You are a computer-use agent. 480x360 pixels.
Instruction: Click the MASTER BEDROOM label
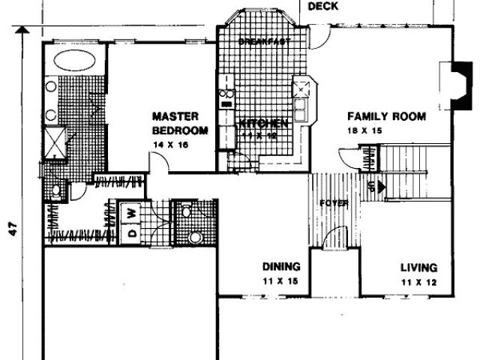click(175, 123)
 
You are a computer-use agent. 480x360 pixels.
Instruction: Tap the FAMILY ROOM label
click(386, 116)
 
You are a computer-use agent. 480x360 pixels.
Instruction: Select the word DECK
click(322, 6)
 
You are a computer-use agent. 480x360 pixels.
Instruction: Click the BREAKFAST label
click(263, 42)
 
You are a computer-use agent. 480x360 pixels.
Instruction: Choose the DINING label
click(281, 266)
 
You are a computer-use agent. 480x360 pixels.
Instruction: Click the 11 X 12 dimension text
click(418, 283)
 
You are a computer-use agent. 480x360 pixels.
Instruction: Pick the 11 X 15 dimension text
click(281, 282)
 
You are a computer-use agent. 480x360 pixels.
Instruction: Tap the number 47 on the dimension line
click(12, 229)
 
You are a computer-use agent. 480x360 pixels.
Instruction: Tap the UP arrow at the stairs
click(378, 185)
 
